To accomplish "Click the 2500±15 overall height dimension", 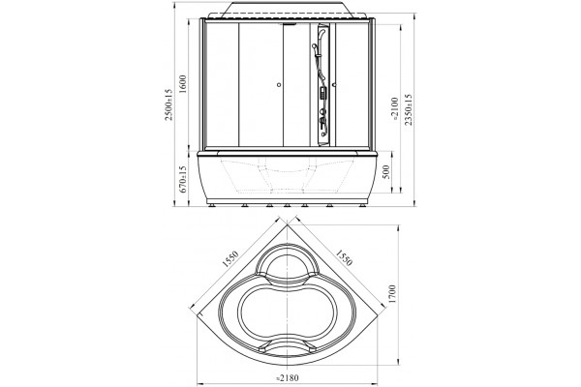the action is (x=168, y=104).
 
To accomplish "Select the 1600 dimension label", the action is (x=183, y=84).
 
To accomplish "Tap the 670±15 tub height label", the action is (x=183, y=179).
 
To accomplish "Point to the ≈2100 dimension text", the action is (x=394, y=109).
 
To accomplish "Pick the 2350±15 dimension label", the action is (x=408, y=109).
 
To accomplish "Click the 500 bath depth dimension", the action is (x=386, y=172).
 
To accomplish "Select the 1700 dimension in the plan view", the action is (x=392, y=294).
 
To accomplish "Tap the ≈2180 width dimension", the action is (x=288, y=378).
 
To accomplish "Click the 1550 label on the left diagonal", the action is (x=229, y=259).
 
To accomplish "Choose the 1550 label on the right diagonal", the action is (x=344, y=257).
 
